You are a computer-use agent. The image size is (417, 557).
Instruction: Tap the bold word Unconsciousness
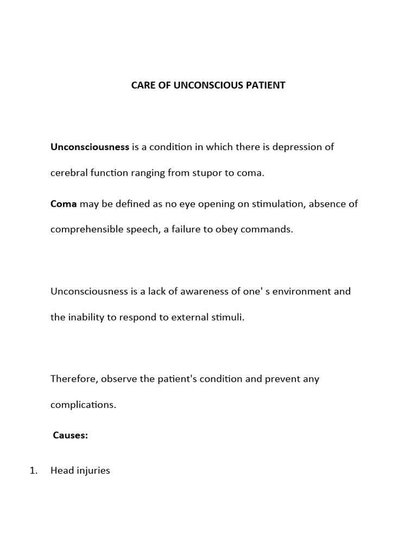coord(90,147)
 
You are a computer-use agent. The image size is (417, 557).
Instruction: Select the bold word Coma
coord(64,204)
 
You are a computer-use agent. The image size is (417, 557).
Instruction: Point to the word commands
coord(270,229)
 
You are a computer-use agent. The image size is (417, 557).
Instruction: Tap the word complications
coord(83,404)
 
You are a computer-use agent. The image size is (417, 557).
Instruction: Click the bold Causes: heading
coord(71,435)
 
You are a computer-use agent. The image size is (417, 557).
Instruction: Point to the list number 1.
coord(34,471)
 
